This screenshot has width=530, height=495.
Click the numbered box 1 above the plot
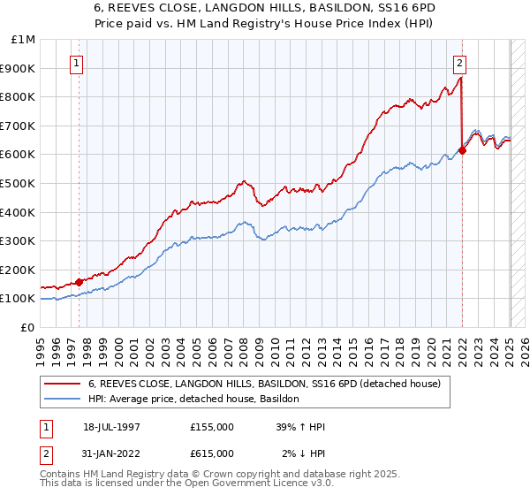77,63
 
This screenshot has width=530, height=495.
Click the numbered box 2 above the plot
461,63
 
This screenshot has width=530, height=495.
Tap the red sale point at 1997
79,282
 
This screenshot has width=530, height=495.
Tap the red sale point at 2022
462,150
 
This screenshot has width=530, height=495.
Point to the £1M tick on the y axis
25,39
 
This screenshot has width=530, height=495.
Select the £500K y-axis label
19,183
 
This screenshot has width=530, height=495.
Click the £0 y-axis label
27,327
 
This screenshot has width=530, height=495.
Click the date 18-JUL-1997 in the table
111,427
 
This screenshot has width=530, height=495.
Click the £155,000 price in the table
212,427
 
